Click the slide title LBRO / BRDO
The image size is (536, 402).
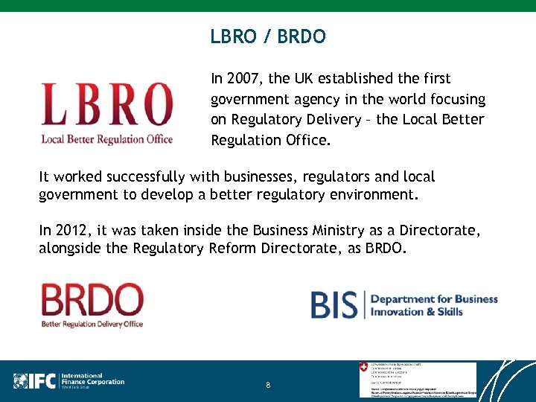click(267, 36)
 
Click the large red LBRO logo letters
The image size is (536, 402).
click(106, 105)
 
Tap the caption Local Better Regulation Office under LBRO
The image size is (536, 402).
click(106, 138)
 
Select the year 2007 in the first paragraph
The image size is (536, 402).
click(243, 79)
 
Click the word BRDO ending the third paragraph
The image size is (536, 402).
click(386, 249)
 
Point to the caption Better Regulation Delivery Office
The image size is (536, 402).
click(92, 324)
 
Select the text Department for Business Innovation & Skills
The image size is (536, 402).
click(434, 305)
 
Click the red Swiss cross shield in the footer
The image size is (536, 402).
click(363, 367)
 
